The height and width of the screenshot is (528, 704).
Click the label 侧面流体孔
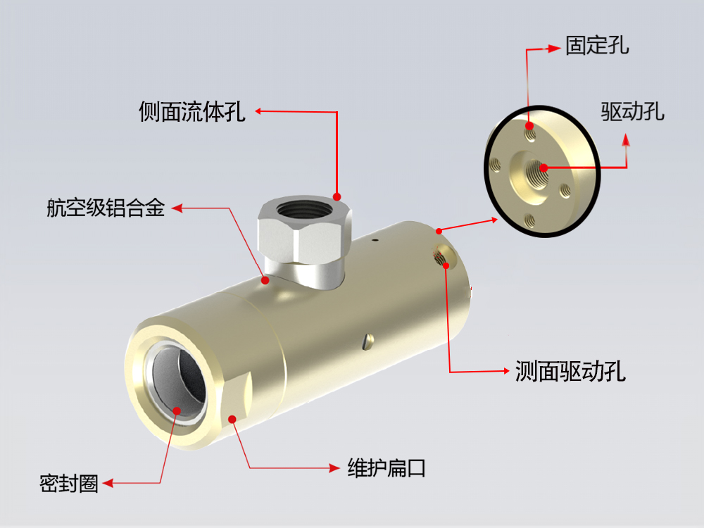[x=191, y=112]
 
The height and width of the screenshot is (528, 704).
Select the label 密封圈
[x=69, y=484]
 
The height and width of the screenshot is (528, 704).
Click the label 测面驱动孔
[x=570, y=371]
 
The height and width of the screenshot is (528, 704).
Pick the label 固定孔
[x=597, y=47]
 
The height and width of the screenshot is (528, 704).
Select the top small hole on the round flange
[x=531, y=131]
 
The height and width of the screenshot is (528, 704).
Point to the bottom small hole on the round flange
[x=530, y=220]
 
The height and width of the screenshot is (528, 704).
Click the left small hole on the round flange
[x=496, y=165]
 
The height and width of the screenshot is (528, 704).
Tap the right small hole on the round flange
[x=564, y=189]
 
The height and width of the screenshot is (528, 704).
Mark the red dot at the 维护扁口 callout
[x=233, y=420]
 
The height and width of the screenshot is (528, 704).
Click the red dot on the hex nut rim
[x=337, y=196]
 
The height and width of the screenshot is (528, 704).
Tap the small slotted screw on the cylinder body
[x=364, y=342]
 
